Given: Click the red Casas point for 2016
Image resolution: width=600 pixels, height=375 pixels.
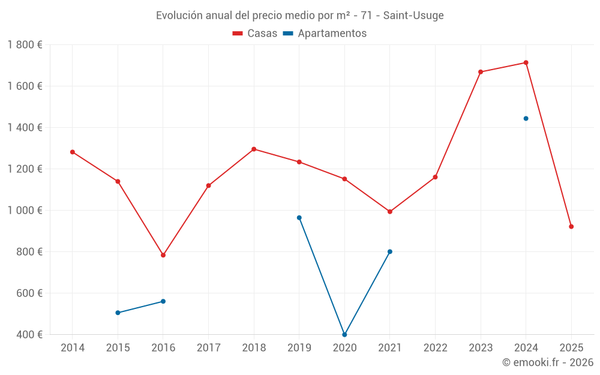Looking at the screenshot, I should [163, 255].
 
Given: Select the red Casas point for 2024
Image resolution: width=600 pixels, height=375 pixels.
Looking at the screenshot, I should [526, 62].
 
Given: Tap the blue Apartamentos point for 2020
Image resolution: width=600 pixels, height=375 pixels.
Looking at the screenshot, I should [344, 334].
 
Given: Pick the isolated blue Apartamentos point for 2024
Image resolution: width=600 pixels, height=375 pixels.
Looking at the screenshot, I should [526, 118].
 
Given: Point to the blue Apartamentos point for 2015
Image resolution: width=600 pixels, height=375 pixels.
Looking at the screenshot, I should [118, 313].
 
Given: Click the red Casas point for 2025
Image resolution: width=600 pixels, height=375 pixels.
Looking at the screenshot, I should [571, 227].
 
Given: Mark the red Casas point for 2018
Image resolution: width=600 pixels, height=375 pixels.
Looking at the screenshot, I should [254, 149].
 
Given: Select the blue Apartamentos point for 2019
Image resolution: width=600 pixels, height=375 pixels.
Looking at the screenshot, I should [299, 218].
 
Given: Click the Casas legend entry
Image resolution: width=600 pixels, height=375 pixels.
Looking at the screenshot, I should [255, 34].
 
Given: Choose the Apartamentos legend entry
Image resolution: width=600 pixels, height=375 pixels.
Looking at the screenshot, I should [325, 34].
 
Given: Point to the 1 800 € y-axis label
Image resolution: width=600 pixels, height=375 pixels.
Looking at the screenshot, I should [25, 44].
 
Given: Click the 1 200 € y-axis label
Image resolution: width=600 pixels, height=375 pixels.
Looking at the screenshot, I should [25, 169].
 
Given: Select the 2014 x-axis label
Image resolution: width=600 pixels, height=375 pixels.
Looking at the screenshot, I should [73, 348].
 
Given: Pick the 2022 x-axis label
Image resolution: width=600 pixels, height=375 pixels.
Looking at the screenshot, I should [435, 348].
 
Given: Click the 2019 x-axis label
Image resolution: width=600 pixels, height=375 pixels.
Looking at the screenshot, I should [299, 348].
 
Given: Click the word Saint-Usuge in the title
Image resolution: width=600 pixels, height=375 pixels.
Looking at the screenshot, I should [413, 16].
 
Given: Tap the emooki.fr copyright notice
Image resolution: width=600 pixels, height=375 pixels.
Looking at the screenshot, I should [547, 362].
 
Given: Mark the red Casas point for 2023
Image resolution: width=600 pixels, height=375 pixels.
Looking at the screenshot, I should [481, 72].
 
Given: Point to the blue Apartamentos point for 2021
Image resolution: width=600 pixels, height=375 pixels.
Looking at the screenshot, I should [390, 251].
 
